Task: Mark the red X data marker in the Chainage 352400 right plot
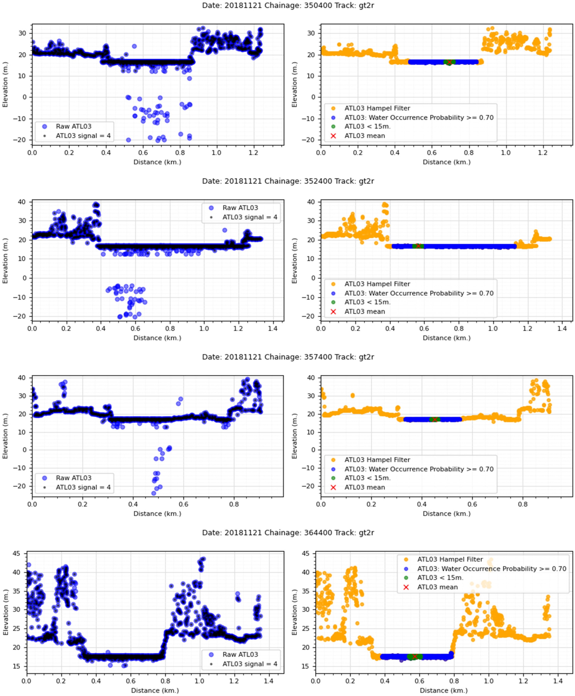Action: [x=418, y=246]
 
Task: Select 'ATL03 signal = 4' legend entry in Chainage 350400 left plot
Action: [x=83, y=136]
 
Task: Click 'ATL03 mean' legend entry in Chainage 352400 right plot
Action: [x=364, y=312]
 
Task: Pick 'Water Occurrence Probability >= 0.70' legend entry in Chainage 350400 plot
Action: [x=419, y=118]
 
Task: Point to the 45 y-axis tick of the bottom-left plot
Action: [x=17, y=554]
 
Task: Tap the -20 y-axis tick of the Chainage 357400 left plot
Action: [x=21, y=486]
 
